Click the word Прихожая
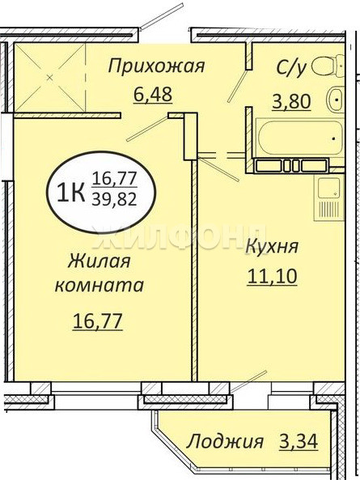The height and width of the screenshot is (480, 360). pyautogui.click(x=156, y=66)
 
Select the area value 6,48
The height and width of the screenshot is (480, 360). pyautogui.click(x=153, y=94)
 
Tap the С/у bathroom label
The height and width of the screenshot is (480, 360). pyautogui.click(x=291, y=68)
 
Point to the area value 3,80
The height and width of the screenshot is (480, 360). pyautogui.click(x=291, y=102)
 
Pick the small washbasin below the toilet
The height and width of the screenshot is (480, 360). pyautogui.click(x=336, y=100)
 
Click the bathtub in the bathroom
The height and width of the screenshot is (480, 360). pyautogui.click(x=299, y=138)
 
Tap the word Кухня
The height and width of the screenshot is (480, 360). pyautogui.click(x=272, y=247)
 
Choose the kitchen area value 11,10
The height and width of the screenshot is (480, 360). pyautogui.click(x=272, y=276)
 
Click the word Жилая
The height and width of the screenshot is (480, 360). pyautogui.click(x=99, y=261)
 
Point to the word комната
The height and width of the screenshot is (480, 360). pyautogui.click(x=99, y=285)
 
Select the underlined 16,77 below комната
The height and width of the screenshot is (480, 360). pyautogui.click(x=98, y=321)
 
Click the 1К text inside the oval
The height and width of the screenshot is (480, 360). pyautogui.click(x=70, y=193)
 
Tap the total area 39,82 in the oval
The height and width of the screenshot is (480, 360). pyautogui.click(x=114, y=200)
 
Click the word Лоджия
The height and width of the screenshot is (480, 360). pyautogui.click(x=225, y=442)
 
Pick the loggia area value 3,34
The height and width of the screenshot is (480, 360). pyautogui.click(x=299, y=441)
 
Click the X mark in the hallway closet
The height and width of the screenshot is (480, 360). pyautogui.click(x=50, y=78)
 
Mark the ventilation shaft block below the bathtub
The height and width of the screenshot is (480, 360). pyautogui.click(x=291, y=166)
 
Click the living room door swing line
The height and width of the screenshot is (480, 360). pyautogui.click(x=146, y=128)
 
